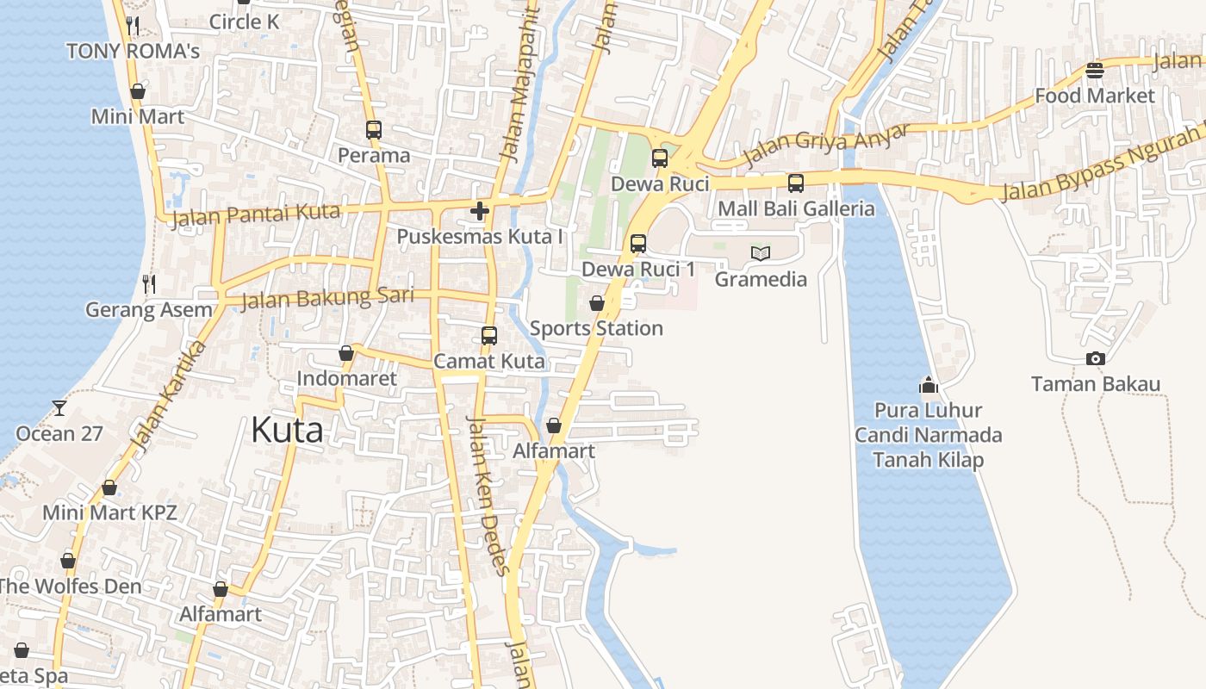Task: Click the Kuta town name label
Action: [x=287, y=430]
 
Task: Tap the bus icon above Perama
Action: [x=374, y=130]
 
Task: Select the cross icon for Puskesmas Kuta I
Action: [x=480, y=210]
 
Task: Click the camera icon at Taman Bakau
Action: [x=1096, y=358]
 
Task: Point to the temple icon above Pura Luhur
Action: [x=928, y=385]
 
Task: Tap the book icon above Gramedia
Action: [x=761, y=253]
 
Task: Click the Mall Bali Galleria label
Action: [x=796, y=208]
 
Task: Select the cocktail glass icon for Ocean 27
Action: [x=59, y=407]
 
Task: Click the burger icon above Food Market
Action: [x=1095, y=70]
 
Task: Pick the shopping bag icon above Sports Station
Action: [x=596, y=303]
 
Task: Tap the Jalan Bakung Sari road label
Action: [x=327, y=298]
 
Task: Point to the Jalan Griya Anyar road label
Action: [x=826, y=145]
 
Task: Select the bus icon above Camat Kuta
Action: [x=489, y=335]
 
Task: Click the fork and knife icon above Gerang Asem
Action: [x=149, y=283]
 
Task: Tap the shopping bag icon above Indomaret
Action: [x=346, y=353]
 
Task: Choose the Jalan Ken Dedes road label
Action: [x=488, y=494]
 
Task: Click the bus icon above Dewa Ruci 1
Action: [x=638, y=243]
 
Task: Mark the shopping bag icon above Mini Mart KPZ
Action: [x=109, y=487]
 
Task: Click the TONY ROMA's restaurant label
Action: [x=134, y=51]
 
